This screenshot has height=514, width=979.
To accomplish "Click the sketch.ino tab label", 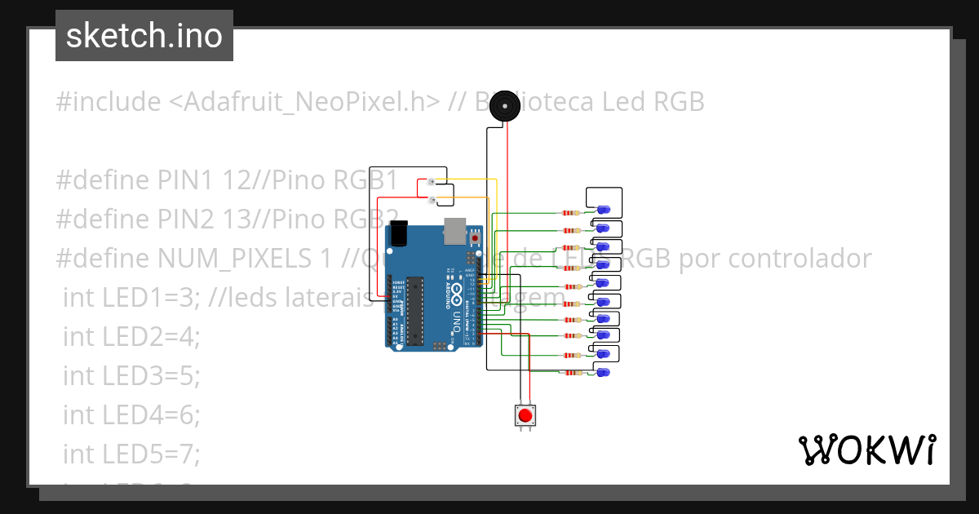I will pos(144,36).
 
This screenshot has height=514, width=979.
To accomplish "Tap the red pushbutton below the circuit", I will pos(525,416).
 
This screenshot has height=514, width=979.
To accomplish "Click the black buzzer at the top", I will pos(507,107).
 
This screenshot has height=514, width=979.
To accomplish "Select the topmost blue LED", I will pos(604,210).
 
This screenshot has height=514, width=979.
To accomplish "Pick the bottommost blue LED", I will pos(603,372).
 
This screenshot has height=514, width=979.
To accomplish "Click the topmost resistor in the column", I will pos(570,212).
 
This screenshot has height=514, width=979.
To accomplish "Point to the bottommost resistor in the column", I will pos(570,374).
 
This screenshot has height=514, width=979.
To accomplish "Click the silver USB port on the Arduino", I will pos(454,232).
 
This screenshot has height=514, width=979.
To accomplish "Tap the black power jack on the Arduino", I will pos(400,233).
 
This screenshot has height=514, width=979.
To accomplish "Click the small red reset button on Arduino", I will pos(475,238).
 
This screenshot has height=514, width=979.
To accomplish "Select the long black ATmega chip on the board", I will pos(414,310).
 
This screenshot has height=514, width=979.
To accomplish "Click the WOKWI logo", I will pos(866,450).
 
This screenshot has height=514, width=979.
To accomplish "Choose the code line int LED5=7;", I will pos(131,453).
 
